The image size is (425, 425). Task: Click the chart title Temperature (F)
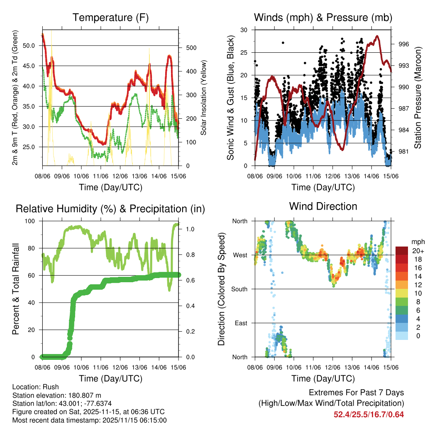coord(110,17)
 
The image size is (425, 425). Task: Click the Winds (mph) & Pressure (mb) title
coord(323,17)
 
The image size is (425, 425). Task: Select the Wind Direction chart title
coord(323,206)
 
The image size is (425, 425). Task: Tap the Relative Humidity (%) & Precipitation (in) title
coord(110,209)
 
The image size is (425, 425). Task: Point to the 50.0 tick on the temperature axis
coord(29,46)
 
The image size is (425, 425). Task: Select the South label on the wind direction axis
coord(239,289)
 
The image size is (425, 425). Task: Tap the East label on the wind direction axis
coord(240,323)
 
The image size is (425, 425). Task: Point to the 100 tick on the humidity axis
coord(32,221)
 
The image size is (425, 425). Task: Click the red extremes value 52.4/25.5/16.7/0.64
coord(369,415)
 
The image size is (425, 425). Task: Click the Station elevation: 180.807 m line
coord(57,395)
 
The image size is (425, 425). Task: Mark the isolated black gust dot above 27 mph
coord(283,43)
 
